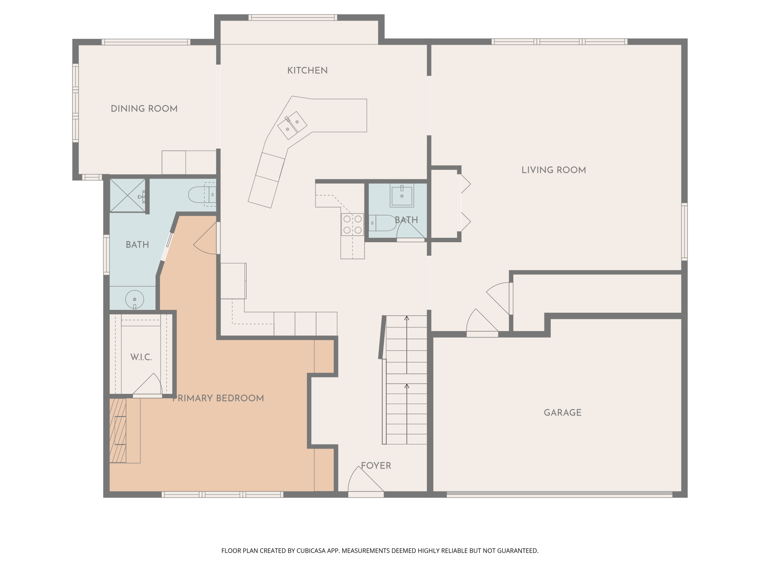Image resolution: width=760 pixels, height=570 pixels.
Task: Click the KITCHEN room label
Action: pyautogui.click(x=307, y=71)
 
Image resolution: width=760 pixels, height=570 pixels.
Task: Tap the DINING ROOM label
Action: pyautogui.click(x=144, y=109)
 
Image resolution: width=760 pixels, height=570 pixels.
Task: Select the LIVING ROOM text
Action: pyautogui.click(x=554, y=170)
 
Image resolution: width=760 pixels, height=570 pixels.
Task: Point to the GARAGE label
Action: pyautogui.click(x=563, y=413)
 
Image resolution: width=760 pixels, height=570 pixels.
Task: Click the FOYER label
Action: pyautogui.click(x=376, y=465)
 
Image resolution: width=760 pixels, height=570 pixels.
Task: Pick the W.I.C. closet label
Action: pyautogui.click(x=141, y=357)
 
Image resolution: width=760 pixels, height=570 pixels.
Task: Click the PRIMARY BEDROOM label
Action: pyautogui.click(x=218, y=398)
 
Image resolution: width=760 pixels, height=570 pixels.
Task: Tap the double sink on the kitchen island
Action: pyautogui.click(x=292, y=125)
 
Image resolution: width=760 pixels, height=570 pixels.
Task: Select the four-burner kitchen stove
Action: pyautogui.click(x=353, y=224)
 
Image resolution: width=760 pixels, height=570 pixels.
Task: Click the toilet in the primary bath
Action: pyautogui.click(x=202, y=195)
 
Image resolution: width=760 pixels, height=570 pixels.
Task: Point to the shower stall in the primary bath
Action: pyautogui.click(x=128, y=195)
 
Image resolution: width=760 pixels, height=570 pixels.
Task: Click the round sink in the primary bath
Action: pyautogui.click(x=134, y=299)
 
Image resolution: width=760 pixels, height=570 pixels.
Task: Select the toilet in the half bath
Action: pyautogui.click(x=383, y=223)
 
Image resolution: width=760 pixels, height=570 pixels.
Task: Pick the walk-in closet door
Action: pyautogui.click(x=148, y=384)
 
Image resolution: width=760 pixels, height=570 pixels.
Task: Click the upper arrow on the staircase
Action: pyautogui.click(x=407, y=345)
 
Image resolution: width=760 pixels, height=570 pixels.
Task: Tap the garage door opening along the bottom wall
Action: pyautogui.click(x=559, y=494)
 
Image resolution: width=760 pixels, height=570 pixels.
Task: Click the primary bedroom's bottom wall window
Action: pyautogui.click(x=223, y=495)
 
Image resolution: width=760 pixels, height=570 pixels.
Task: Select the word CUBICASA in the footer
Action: pyautogui.click(x=311, y=551)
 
